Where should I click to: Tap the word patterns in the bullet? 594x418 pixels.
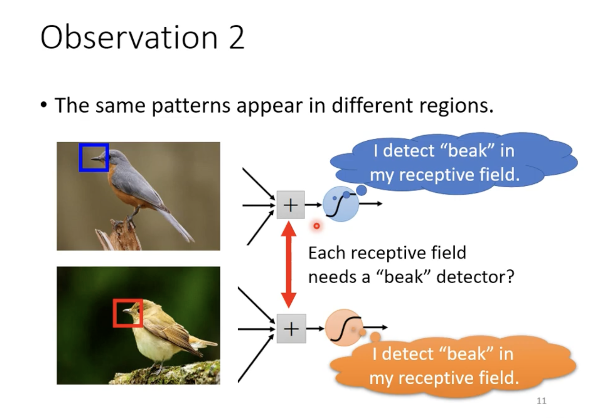click(x=191, y=106)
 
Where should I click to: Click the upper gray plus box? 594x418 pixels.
click(x=290, y=205)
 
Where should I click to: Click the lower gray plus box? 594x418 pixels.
click(x=291, y=329)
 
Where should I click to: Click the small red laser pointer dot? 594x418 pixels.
click(x=317, y=226)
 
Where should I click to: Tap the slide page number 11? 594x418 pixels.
click(x=541, y=401)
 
